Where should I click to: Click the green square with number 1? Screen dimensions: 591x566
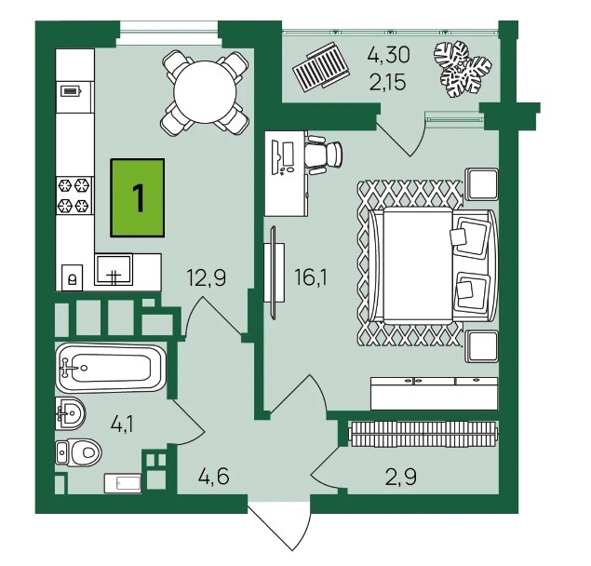(x=137, y=197)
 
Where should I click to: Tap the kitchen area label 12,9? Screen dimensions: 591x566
(x=207, y=278)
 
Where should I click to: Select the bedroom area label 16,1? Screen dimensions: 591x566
(x=311, y=278)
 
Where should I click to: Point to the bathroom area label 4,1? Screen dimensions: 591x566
(x=123, y=424)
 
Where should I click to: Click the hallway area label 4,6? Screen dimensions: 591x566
(x=213, y=477)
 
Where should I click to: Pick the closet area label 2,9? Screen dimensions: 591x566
(x=400, y=477)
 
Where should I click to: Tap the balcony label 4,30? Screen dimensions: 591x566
(x=389, y=55)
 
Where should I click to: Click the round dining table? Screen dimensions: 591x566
(x=205, y=91)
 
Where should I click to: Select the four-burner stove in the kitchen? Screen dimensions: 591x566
(x=75, y=195)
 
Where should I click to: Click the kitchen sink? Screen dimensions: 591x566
(x=114, y=269)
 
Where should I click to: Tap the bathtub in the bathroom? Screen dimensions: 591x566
(x=111, y=368)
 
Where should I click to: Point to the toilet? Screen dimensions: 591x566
(x=78, y=452)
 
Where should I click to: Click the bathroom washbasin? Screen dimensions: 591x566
(x=70, y=413)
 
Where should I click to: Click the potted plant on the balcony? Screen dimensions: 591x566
(x=462, y=70)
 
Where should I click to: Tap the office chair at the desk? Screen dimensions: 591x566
(x=324, y=154)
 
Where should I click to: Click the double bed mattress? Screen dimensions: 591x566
(x=418, y=264)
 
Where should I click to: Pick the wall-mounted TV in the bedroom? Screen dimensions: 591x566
(x=274, y=273)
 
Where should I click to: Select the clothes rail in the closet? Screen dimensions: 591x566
(x=424, y=434)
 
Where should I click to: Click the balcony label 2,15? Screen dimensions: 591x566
(x=388, y=82)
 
